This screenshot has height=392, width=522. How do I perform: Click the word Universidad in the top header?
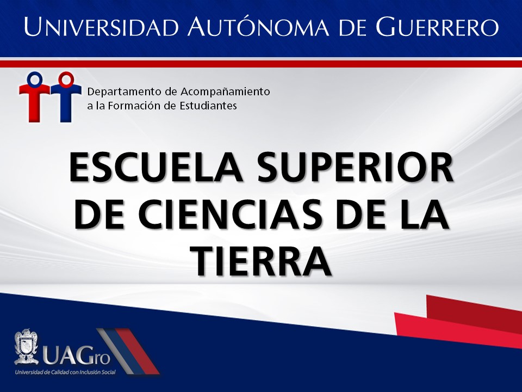pyautogui.click(x=102, y=26)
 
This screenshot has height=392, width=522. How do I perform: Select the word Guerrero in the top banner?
pyautogui.click(x=437, y=26)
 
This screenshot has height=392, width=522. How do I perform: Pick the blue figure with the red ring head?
pyautogui.click(x=66, y=97)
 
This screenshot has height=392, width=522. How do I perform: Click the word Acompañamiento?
pyautogui.click(x=225, y=92)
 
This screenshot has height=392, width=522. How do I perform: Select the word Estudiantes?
pyautogui.click(x=208, y=106)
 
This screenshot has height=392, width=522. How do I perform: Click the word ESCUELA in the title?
pyautogui.click(x=156, y=167)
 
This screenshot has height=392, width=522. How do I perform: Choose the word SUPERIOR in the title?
pyautogui.click(x=356, y=167)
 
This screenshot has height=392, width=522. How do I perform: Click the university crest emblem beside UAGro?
pyautogui.click(x=26, y=347)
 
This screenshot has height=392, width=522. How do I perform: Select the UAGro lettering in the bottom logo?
pyautogui.click(x=76, y=356)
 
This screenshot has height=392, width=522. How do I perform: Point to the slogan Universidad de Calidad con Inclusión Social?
pyautogui.click(x=65, y=372)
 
